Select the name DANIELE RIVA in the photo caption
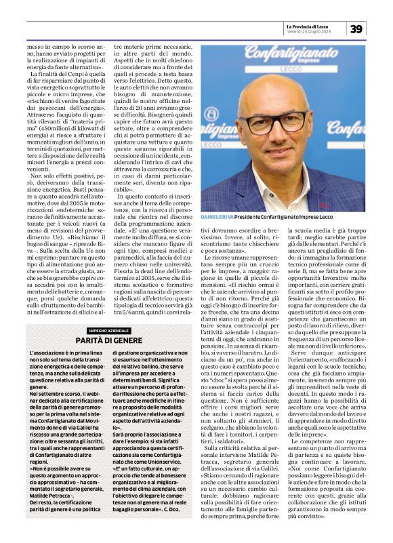click(218, 216)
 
